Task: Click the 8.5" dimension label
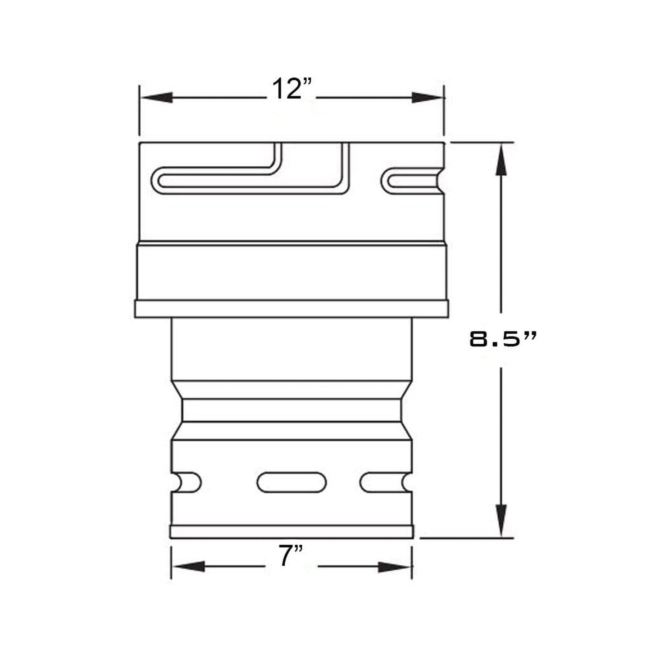[503, 339]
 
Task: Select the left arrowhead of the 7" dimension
[189, 566]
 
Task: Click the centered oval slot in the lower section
[291, 483]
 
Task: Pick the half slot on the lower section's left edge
[187, 483]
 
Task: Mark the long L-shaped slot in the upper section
[252, 180]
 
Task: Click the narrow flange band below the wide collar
[291, 309]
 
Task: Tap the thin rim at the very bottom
[291, 532]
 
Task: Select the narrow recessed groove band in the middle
[291, 410]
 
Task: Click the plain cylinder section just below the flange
[291, 349]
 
